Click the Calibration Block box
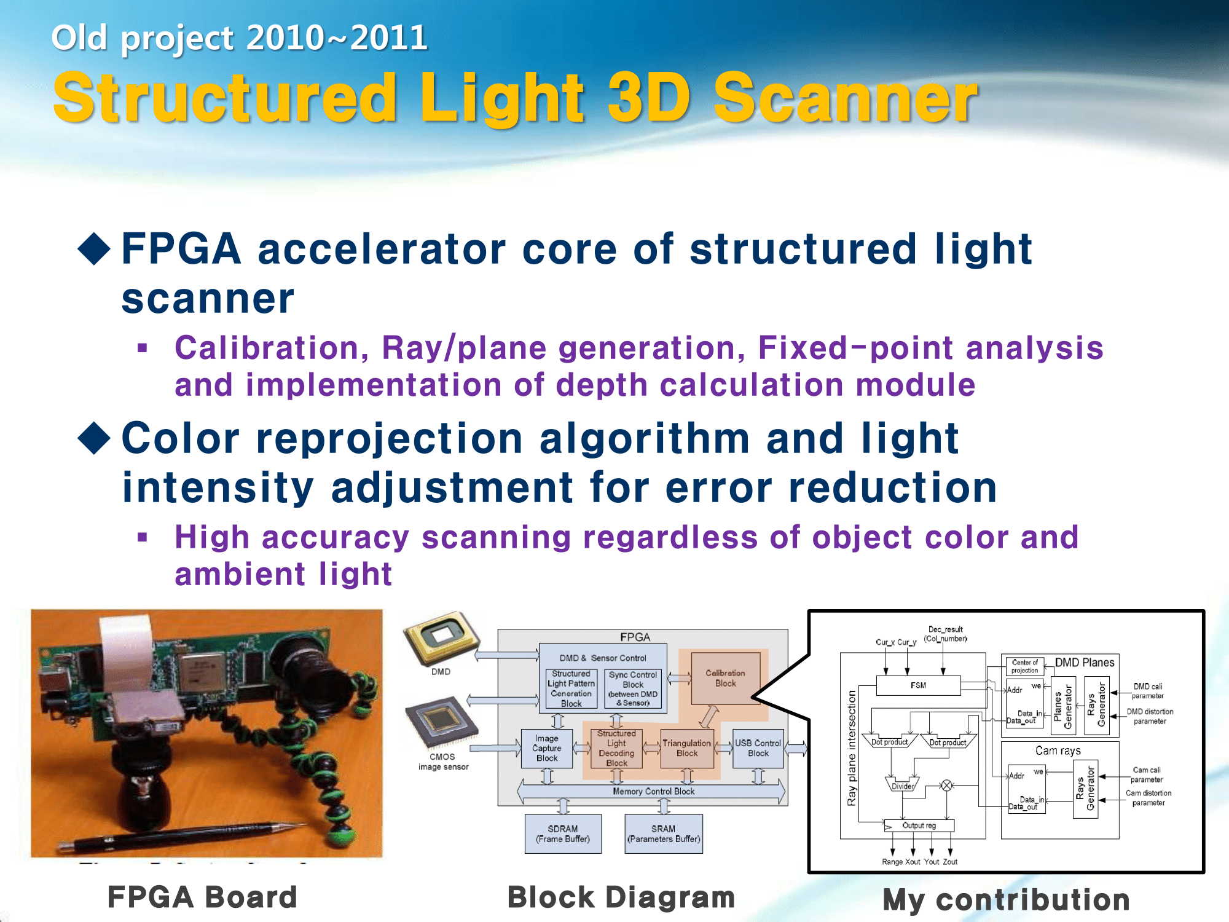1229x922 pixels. click(725, 678)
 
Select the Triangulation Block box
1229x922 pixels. click(687, 748)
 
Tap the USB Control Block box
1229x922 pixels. click(758, 748)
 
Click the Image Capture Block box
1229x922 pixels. click(546, 748)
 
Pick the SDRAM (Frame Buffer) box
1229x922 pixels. click(563, 833)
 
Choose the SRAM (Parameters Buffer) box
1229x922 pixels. click(663, 833)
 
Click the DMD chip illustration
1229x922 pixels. click(441, 638)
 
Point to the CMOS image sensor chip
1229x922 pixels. click(441, 723)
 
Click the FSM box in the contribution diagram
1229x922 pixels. click(918, 685)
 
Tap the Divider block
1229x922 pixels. click(902, 785)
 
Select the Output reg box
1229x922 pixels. click(919, 825)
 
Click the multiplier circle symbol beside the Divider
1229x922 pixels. click(947, 785)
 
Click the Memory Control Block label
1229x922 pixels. click(653, 791)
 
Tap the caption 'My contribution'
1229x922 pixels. click(1006, 899)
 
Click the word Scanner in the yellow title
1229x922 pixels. click(845, 98)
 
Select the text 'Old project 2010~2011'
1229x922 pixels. click(239, 38)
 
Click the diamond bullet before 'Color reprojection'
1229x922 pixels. click(94, 438)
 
